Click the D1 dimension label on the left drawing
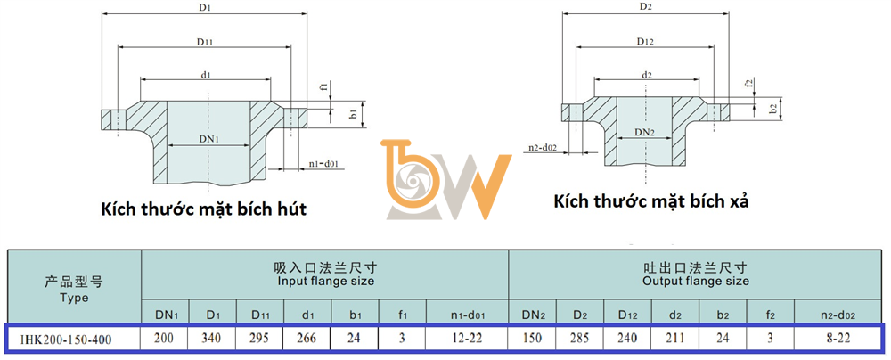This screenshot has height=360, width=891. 204,8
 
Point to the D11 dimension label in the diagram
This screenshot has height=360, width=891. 205,42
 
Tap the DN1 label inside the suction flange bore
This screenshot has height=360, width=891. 208,138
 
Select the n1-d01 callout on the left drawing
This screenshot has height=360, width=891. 324,164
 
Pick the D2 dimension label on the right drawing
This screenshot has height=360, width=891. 645,7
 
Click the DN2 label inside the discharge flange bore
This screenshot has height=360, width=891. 645,133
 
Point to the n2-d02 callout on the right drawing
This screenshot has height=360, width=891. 542,149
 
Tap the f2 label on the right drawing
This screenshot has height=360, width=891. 749,83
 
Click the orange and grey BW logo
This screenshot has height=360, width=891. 445,179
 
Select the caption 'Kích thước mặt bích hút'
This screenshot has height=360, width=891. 204,209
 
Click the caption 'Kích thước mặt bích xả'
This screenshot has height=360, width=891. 650,201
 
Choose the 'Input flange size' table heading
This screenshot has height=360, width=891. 325,281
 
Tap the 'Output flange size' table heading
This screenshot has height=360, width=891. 696,281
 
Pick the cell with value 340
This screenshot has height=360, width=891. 212,339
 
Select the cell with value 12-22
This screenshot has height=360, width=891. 467,339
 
